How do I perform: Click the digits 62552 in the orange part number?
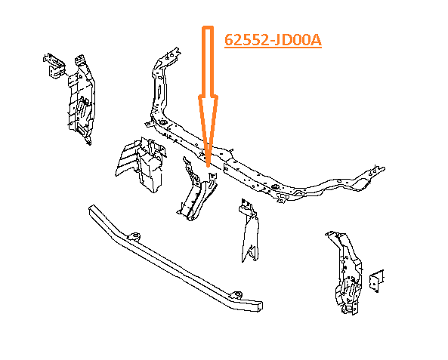(246, 40)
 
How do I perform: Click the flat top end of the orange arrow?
(208, 27)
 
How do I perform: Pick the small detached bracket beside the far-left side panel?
(54, 66)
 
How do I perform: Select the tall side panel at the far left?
(82, 99)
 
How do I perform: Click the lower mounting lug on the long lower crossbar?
(237, 294)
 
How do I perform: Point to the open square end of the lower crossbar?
(259, 306)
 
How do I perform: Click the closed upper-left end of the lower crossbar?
(91, 208)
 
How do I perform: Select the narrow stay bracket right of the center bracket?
(249, 230)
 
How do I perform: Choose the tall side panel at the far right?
(346, 272)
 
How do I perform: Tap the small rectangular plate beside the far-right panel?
(376, 281)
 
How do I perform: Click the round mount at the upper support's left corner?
(163, 123)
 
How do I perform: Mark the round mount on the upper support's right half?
(275, 187)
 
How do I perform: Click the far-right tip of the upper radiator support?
(383, 169)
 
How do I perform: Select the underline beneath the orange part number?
(273, 47)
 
